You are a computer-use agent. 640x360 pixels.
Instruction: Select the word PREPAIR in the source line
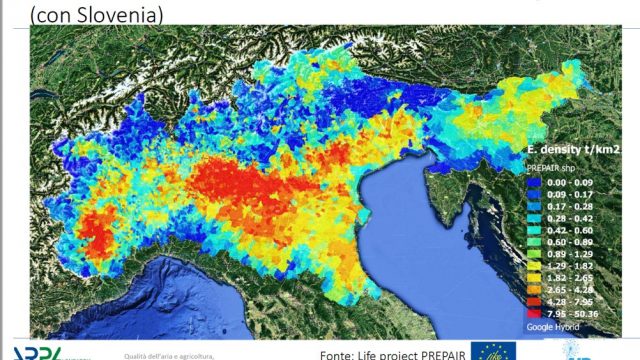click(x=435, y=352)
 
